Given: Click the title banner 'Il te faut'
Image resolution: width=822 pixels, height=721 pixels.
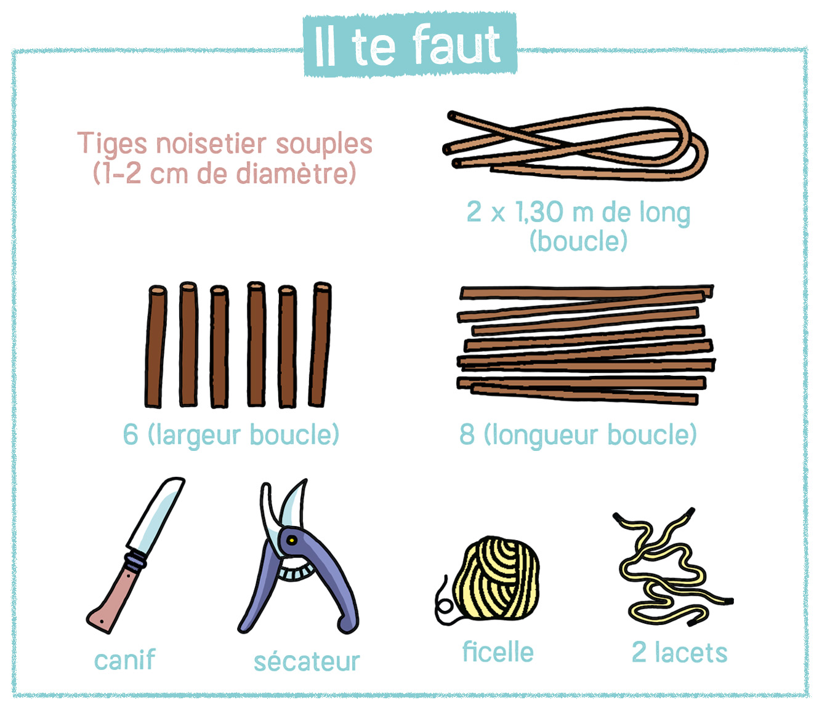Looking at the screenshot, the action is (x=410, y=44).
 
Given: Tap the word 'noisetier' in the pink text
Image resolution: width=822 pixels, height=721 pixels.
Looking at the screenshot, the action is (x=211, y=143).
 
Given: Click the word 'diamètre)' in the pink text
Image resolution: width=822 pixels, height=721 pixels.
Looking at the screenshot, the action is (x=296, y=173).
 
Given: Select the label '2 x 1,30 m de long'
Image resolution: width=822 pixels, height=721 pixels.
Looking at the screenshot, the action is (x=578, y=212).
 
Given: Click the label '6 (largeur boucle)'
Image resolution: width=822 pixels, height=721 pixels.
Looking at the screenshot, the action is (x=231, y=435).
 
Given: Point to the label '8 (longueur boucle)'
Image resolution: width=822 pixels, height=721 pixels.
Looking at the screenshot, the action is (x=578, y=435).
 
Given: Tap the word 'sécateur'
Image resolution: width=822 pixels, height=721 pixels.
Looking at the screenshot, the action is (x=307, y=661).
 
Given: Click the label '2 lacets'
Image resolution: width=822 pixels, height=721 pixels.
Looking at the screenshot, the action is (x=680, y=653).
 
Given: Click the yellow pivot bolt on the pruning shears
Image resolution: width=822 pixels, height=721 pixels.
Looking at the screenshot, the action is (x=292, y=541).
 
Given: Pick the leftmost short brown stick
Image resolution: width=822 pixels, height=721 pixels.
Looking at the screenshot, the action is (x=155, y=346).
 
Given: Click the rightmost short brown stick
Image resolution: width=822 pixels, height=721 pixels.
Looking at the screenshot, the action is (x=320, y=344).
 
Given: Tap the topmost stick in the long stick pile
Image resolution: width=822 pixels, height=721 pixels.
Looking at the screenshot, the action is (x=586, y=292).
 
